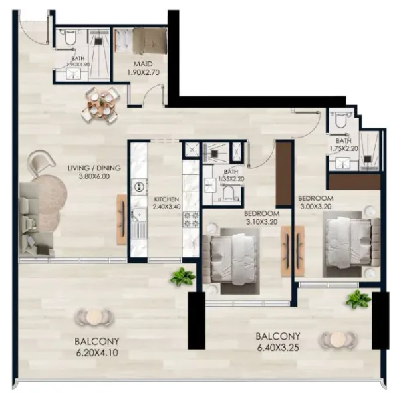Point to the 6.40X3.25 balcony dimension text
click(x=278, y=346)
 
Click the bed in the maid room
click(x=148, y=41)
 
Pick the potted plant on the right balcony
click(x=358, y=299)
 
